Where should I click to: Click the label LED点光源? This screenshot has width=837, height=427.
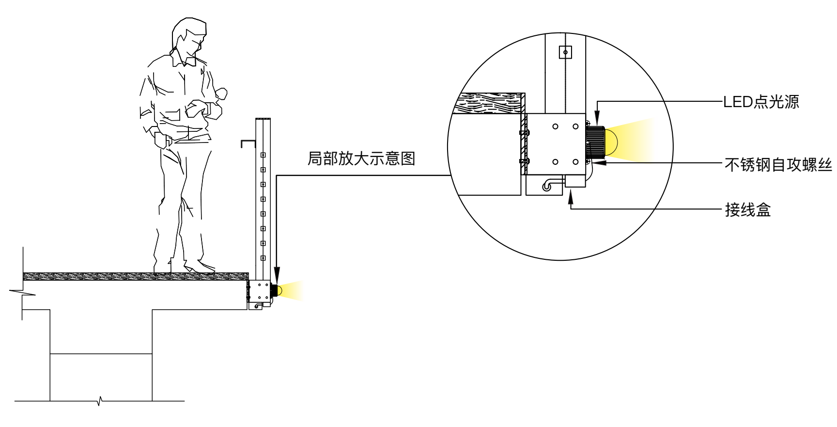coord(761,102)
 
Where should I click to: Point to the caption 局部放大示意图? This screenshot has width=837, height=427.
coord(361,159)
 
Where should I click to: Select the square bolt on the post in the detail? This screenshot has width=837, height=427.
coord(565,52)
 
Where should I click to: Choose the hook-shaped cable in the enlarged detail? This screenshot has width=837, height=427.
coord(550,185)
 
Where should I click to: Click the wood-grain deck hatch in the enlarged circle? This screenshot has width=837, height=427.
coord(489,103)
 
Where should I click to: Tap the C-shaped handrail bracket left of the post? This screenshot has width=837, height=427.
coord(248,142)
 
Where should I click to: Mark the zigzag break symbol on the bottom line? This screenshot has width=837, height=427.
coord(99,401)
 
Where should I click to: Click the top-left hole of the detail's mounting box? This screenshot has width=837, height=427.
coord(556,127)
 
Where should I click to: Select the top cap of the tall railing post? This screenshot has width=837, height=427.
coord(262,119)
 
